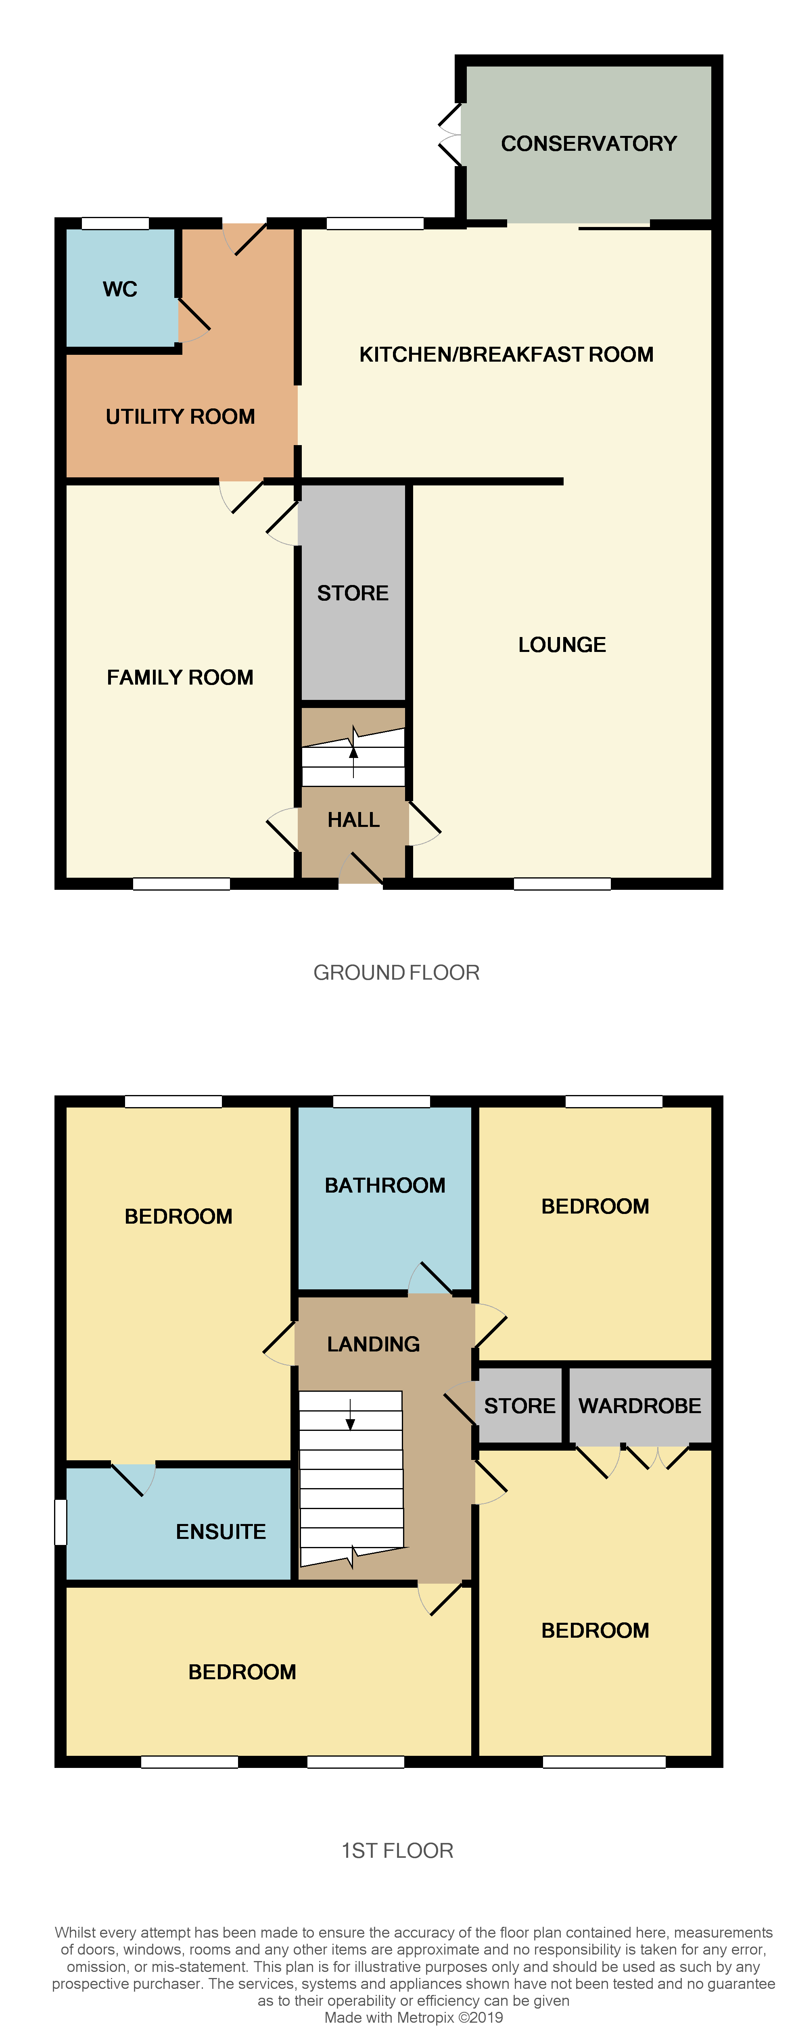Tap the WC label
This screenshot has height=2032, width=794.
point(120,289)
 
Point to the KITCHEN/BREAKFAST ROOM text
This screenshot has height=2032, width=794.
point(506,355)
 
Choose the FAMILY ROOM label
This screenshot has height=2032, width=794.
point(180,678)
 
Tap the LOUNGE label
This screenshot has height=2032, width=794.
point(562,645)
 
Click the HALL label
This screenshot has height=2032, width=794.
point(353,820)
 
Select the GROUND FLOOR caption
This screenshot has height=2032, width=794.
point(396,972)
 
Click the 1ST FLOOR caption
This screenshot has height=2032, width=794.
point(397,1851)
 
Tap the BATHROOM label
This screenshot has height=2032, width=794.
point(385,1186)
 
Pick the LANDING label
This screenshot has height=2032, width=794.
point(373,1344)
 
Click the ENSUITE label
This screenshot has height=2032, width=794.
point(221,1532)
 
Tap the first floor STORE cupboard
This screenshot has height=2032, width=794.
point(519,1406)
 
